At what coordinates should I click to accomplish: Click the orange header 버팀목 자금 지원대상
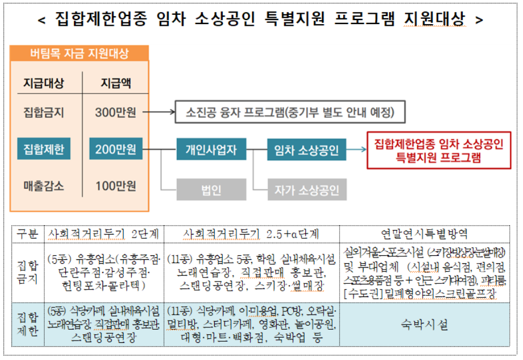tap(80, 54)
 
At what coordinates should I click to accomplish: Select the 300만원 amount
tap(115, 112)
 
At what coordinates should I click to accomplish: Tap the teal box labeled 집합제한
tap(44, 151)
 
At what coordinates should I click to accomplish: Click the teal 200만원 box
tap(116, 151)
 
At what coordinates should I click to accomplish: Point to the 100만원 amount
tap(115, 186)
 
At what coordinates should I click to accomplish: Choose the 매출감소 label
tap(44, 186)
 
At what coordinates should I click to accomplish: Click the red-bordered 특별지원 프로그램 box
tap(438, 151)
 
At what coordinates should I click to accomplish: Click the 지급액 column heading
tap(115, 84)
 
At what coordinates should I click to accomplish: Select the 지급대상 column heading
tap(44, 84)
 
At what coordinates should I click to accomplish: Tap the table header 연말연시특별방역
tap(424, 234)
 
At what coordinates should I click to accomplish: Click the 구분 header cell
tap(27, 234)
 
